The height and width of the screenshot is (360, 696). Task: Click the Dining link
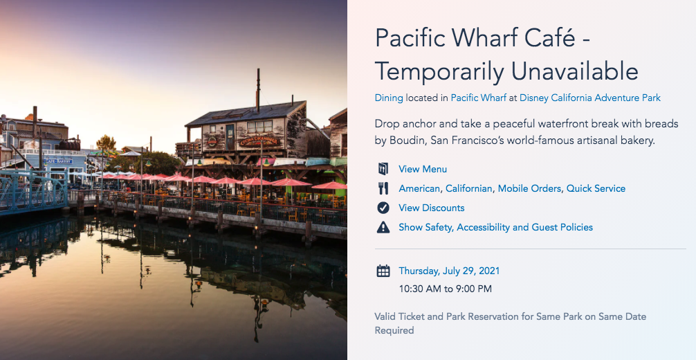tap(389, 98)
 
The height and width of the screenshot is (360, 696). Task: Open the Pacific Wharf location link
tap(479, 98)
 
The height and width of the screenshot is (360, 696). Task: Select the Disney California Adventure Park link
tap(590, 98)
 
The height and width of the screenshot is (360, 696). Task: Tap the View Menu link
tap(423, 169)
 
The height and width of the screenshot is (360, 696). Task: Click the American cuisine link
tap(419, 188)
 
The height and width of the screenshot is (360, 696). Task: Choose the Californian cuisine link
tap(468, 188)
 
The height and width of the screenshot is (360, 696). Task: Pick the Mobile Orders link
tap(529, 188)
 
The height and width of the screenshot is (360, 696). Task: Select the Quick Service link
tap(596, 188)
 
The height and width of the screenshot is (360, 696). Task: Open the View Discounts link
tap(432, 208)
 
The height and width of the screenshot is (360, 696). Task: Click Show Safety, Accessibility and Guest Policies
tap(495, 227)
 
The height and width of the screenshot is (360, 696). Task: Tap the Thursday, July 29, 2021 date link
tap(449, 271)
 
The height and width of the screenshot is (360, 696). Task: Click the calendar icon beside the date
tap(383, 271)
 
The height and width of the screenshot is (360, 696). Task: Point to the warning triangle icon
tap(383, 228)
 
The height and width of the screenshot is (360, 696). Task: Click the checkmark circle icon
tap(383, 208)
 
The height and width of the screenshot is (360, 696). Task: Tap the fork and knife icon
tap(383, 188)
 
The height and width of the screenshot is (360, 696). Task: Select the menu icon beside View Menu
tap(383, 169)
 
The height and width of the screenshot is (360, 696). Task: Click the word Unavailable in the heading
tap(574, 71)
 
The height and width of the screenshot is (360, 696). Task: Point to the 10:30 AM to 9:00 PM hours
tap(446, 289)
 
